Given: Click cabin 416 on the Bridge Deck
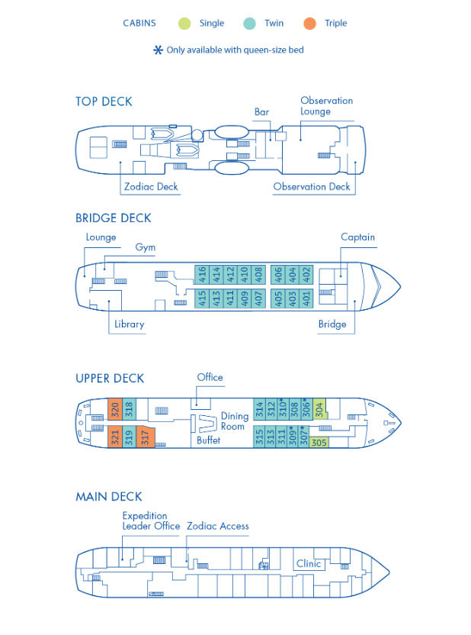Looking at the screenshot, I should (202, 274).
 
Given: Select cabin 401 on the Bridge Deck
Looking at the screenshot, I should (307, 298).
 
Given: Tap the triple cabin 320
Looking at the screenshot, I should (114, 408).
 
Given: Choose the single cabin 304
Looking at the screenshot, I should (319, 409).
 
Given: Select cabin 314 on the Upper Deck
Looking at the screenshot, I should (259, 409).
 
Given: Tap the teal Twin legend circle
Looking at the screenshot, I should (248, 23).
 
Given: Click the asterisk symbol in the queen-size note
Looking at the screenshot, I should (158, 50).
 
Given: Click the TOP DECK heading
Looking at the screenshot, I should (104, 102).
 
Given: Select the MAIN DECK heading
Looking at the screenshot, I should (108, 497).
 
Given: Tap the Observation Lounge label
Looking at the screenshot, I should (326, 106).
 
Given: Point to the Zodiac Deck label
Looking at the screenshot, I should (151, 185).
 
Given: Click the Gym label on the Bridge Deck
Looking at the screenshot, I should (145, 247).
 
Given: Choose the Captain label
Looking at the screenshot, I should (357, 237).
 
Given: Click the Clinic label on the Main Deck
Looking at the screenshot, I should (309, 564).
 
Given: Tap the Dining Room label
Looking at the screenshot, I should (235, 421).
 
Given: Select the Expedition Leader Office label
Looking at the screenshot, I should (151, 521).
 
